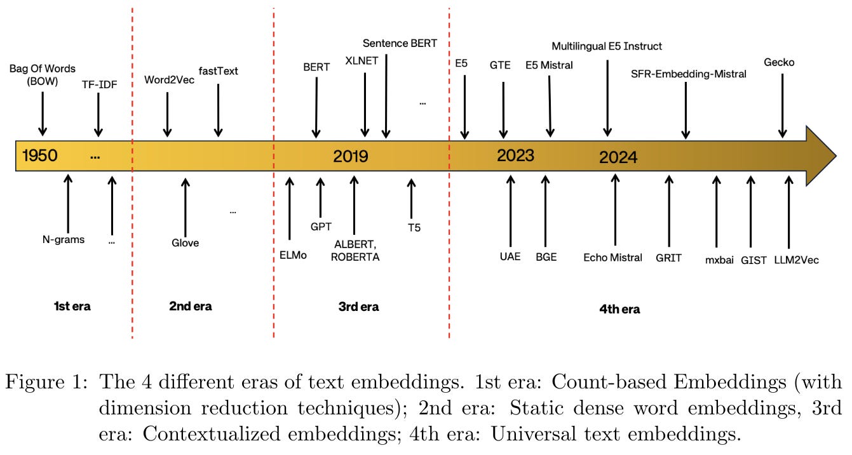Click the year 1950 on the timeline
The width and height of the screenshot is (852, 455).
pos(40,155)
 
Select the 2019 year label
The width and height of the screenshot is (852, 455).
pos(351,155)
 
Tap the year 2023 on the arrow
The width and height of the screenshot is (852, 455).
pos(515,155)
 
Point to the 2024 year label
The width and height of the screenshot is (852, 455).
pos(618,157)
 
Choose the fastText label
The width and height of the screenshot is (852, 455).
pos(218,70)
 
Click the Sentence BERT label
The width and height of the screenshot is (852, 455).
pos(400,43)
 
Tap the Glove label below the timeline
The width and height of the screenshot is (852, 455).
pos(185,242)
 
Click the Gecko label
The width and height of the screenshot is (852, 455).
pos(779,62)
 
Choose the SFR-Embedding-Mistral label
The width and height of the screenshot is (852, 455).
pos(689,74)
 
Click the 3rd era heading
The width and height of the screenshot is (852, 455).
pos(358,307)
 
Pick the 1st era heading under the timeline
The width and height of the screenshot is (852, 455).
pos(72,307)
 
